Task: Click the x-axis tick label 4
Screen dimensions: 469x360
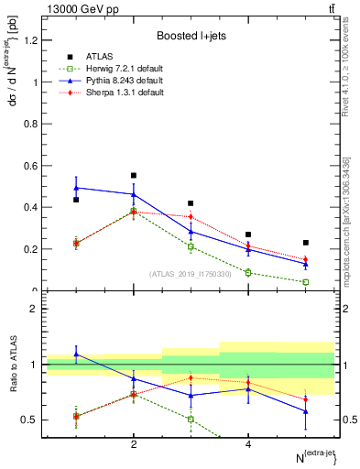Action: coord(248,444)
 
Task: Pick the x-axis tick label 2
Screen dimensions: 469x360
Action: coord(134,444)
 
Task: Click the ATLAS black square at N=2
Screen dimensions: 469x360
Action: coord(134,175)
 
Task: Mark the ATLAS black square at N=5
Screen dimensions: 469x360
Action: coord(306,243)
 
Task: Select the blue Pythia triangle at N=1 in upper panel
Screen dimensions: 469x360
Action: coord(76,188)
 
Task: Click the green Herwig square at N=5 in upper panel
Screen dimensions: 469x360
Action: coord(306,282)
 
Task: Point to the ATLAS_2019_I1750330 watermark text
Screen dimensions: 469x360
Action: coord(190,273)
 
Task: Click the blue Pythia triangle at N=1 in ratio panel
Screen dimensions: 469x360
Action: coord(76,354)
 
